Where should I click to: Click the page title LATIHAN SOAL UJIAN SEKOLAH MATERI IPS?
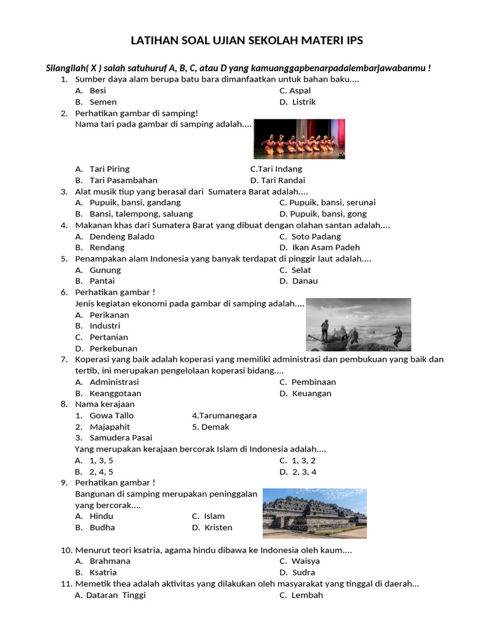[247, 41]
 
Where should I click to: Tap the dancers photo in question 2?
[299, 139]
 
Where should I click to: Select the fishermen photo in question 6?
[358, 325]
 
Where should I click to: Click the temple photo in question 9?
[314, 513]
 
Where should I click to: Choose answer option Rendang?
[107, 248]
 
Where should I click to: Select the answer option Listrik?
[304, 102]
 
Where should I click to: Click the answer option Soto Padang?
[316, 236]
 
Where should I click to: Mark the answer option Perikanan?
[109, 314]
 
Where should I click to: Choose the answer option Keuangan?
[311, 394]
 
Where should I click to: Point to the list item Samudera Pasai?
[121, 438]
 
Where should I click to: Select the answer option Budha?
[103, 528]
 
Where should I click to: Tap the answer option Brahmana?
[110, 561]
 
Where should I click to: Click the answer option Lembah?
[307, 595]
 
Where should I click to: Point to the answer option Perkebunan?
[113, 348]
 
